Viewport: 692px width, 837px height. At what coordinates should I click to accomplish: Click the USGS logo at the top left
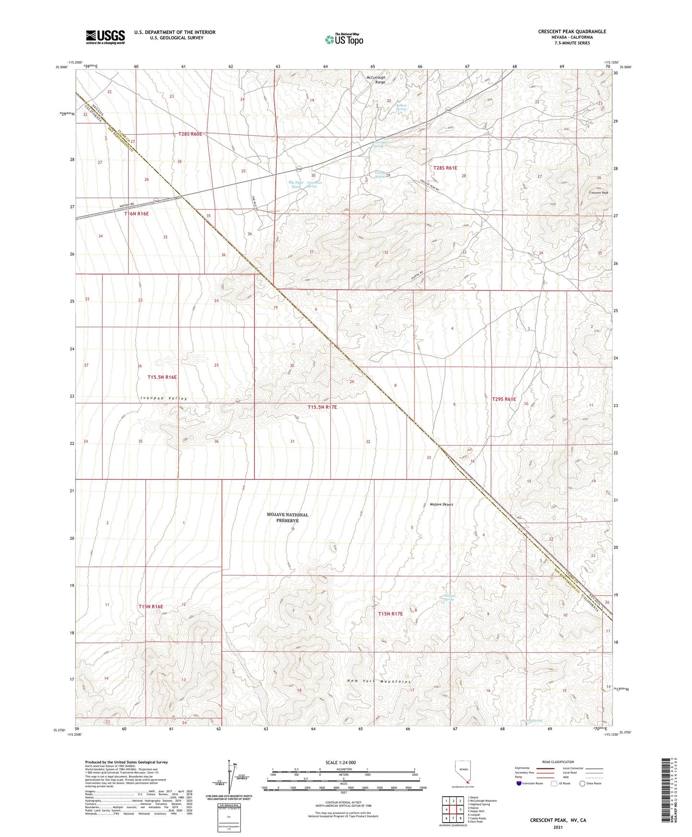coord(105,37)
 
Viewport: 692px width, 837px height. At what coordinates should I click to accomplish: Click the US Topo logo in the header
coord(344,39)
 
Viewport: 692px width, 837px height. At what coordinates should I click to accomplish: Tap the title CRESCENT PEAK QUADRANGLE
coord(572,32)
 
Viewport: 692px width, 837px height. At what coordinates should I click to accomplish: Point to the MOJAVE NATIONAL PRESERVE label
coord(287,517)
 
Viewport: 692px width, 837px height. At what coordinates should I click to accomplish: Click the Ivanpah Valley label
coord(164,398)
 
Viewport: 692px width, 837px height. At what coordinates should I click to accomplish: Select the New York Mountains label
coord(379,681)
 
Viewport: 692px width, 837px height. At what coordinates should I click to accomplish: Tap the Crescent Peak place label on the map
coord(598,193)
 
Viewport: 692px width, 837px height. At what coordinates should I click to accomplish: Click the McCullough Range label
coord(376,80)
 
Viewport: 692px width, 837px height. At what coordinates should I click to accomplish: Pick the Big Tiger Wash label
coord(296,185)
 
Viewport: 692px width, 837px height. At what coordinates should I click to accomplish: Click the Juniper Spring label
coord(449,597)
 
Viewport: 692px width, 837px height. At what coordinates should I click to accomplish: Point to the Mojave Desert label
coord(441,504)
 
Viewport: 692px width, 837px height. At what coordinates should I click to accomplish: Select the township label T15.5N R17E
coord(322,407)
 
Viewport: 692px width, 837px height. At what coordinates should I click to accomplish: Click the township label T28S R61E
coord(445,168)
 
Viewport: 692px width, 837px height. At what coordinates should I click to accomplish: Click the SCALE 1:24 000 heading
coord(340,763)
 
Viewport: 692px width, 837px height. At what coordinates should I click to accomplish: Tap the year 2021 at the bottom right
coord(558,827)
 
